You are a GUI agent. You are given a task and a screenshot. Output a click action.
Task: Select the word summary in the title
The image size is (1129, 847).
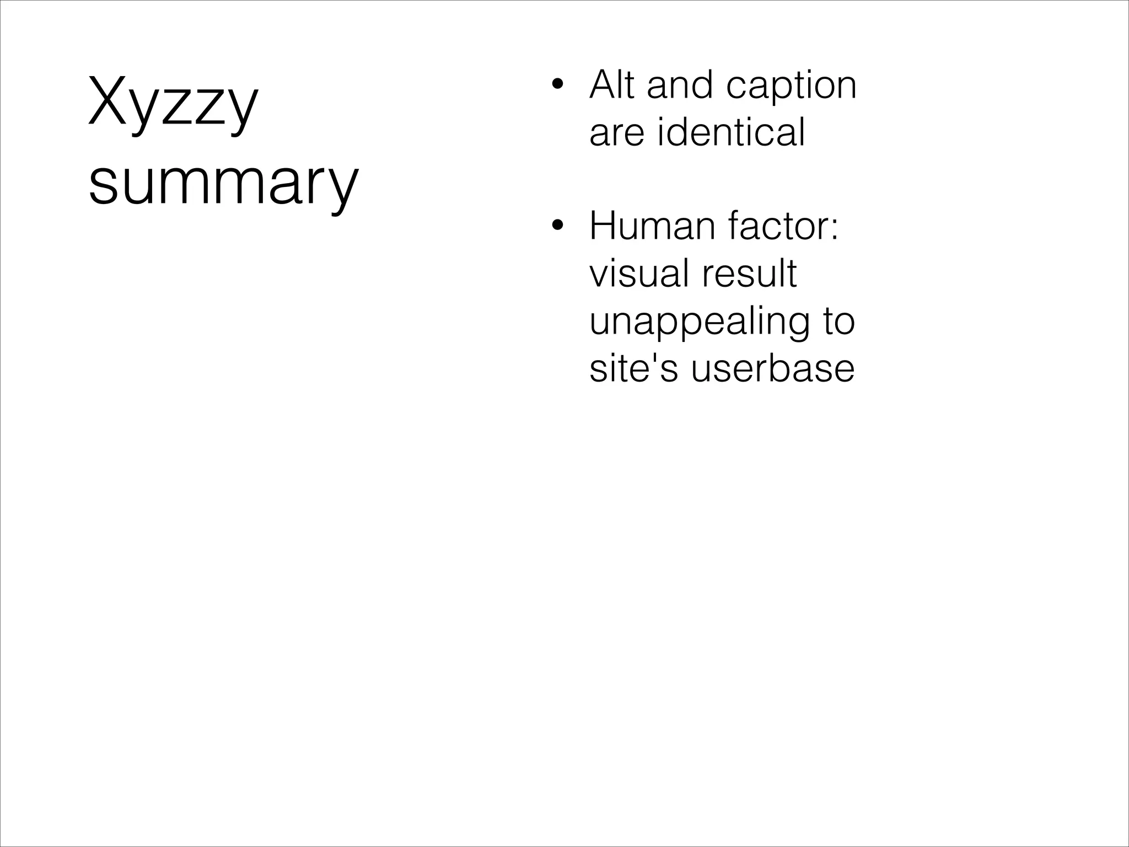(223, 183)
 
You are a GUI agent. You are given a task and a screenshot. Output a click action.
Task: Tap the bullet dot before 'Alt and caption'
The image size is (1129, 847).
(558, 85)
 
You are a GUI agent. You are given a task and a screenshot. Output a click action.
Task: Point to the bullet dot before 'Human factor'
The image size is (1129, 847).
(558, 226)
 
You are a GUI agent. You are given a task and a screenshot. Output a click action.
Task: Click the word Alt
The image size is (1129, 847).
(612, 85)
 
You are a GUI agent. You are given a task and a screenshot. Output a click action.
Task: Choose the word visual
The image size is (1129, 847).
(632, 274)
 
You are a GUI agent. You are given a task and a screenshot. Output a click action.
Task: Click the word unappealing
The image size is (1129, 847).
(699, 323)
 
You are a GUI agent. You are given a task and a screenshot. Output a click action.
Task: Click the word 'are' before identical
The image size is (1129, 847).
(617, 133)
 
